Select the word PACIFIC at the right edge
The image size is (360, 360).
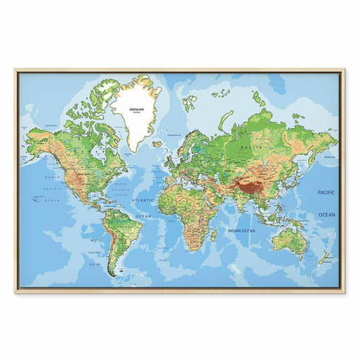pos(326,193)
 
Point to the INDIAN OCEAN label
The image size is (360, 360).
pos(243,230)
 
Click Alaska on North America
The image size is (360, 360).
pos(39,138)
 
